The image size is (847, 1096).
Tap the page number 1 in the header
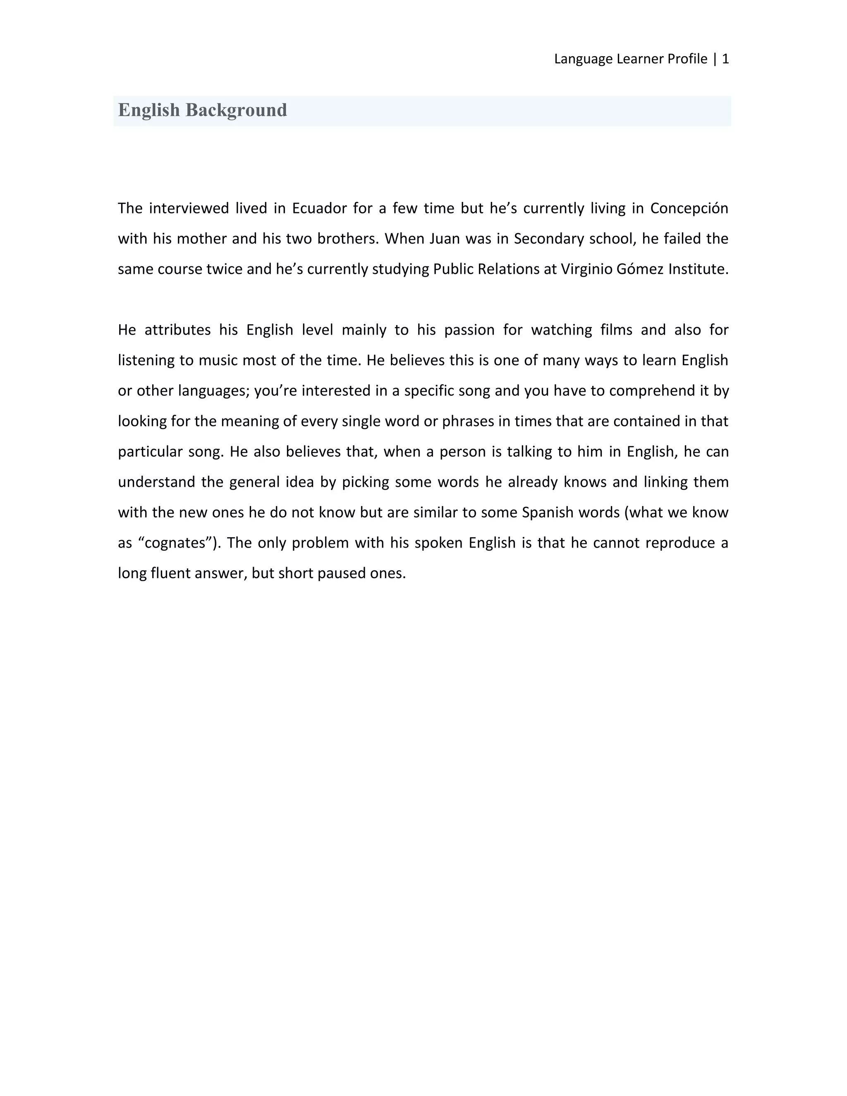click(725, 59)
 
